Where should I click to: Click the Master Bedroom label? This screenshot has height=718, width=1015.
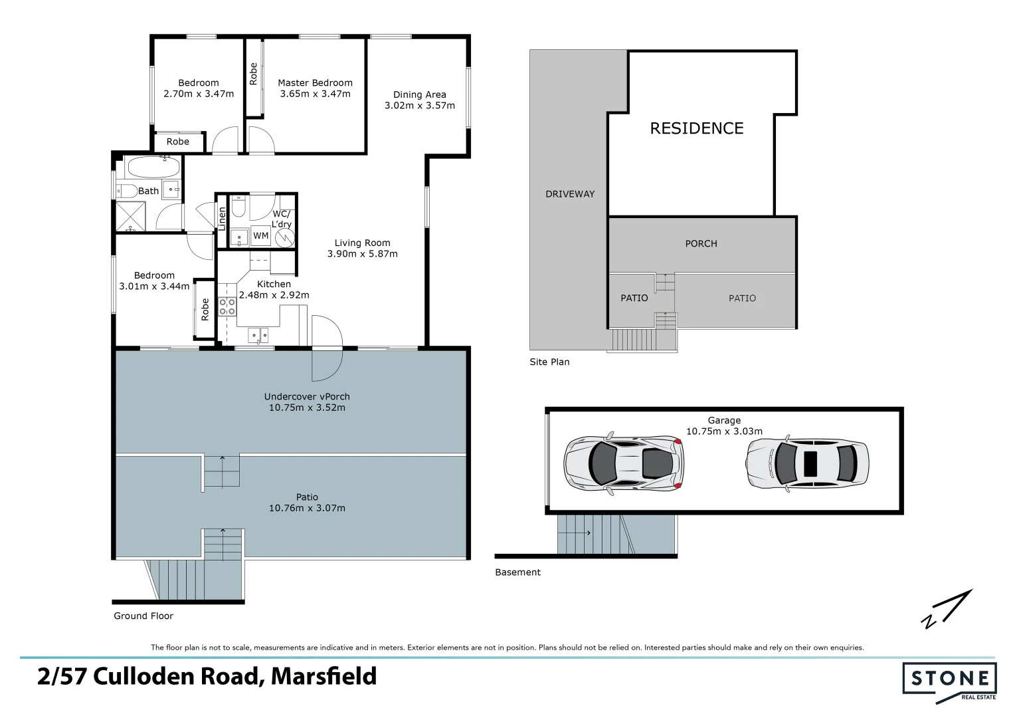315,83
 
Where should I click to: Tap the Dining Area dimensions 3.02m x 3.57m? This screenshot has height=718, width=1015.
420,106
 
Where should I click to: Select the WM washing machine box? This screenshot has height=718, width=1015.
261,236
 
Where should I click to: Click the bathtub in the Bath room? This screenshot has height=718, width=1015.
153,167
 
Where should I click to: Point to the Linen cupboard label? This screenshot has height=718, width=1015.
223,219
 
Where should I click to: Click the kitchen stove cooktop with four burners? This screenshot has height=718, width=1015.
227,306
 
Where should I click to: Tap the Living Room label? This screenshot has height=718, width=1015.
362,243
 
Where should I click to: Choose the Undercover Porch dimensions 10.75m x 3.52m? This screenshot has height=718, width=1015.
307,408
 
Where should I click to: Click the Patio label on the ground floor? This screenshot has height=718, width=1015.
307,497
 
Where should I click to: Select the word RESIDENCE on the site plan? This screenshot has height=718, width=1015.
696,128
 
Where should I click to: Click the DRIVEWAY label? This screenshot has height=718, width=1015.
570,194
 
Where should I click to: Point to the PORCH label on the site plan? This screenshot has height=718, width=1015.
701,244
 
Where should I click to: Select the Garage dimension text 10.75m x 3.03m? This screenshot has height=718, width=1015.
724,431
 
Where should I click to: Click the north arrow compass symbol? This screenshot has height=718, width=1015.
947,609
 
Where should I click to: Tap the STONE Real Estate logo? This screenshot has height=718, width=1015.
949,681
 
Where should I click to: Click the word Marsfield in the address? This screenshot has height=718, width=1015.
324,677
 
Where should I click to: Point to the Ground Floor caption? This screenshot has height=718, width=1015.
143,616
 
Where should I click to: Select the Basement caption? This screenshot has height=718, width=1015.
517,572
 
